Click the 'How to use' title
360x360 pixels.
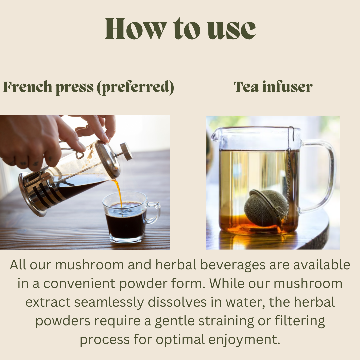pyautogui.click(x=180, y=29)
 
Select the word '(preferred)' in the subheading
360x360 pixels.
pyautogui.click(x=135, y=87)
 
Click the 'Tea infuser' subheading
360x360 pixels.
pyautogui.click(x=273, y=87)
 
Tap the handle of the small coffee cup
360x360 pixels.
pyautogui.click(x=153, y=213)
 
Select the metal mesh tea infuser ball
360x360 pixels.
pyautogui.click(x=266, y=208)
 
